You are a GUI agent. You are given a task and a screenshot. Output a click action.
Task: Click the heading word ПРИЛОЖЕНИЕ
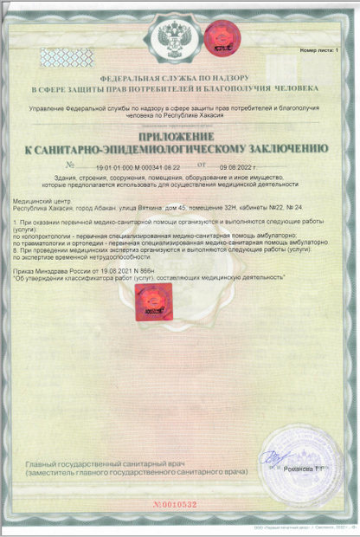coord(180,136)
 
